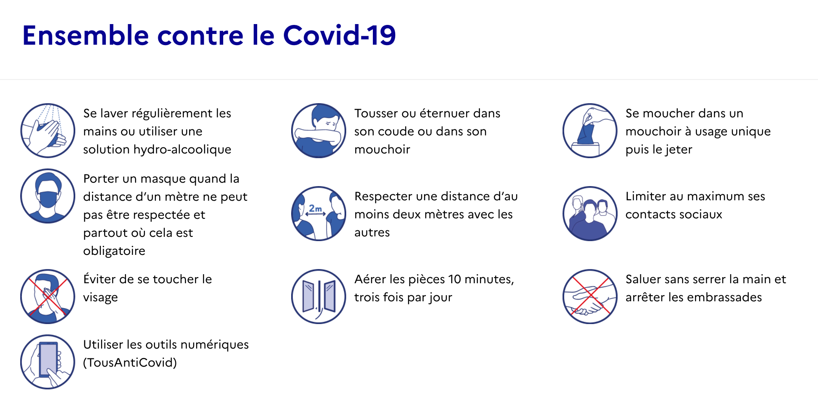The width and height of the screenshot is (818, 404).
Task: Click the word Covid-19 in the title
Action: coord(339,35)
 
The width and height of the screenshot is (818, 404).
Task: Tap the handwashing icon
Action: coord(48,131)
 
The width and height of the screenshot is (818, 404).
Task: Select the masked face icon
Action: coord(48,196)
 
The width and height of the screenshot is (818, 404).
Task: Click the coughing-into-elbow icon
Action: coord(319,131)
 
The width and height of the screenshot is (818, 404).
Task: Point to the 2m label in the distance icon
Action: coord(315,208)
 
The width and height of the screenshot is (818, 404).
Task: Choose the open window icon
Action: coord(319,297)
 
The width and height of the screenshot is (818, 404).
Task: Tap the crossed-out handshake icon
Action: coord(590,297)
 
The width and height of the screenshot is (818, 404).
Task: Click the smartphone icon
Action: coord(48,362)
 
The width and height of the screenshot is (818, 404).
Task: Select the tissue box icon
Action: coord(590,131)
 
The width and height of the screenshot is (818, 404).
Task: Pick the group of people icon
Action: coord(590,214)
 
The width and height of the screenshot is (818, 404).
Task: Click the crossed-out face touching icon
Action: coord(48,297)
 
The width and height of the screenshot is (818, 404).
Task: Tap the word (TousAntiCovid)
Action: coord(130,363)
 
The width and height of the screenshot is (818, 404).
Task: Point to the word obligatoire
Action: coord(114,251)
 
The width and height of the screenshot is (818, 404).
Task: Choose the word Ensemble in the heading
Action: coord(86,35)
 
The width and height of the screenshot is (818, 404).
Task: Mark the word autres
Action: coord(372,233)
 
